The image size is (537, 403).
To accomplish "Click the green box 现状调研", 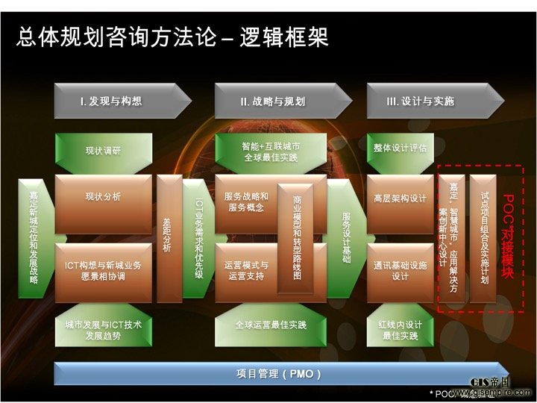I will (103, 150).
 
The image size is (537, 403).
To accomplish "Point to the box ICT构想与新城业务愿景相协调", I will (103, 271).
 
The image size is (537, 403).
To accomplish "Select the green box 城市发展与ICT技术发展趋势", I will (103, 331).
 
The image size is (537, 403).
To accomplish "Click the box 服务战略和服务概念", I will (246, 202).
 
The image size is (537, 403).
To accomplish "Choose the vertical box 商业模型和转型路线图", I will (296, 237).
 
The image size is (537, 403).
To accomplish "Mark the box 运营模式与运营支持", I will (246, 271).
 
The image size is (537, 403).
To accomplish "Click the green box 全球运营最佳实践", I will (270, 325).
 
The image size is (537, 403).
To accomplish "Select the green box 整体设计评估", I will (401, 149).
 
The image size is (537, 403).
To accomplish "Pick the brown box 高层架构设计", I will (401, 199).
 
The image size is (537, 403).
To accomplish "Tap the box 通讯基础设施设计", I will (401, 271).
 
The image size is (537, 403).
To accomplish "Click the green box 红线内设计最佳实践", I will (401, 331).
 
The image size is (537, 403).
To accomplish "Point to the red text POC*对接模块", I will (508, 237).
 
